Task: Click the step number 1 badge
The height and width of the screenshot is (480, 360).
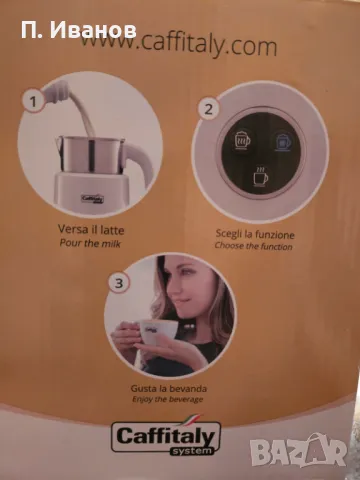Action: (x=33, y=101)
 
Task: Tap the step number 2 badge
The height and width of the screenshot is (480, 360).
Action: (x=208, y=109)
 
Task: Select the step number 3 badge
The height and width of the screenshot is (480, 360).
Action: (x=119, y=283)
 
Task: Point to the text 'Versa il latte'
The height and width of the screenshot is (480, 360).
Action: (x=91, y=230)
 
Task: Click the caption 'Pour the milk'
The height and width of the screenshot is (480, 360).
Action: (x=90, y=243)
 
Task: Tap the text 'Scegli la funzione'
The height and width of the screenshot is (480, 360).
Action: (x=255, y=234)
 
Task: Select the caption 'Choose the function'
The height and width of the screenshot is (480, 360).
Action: (x=253, y=246)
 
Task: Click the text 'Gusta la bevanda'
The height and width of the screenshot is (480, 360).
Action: (x=169, y=389)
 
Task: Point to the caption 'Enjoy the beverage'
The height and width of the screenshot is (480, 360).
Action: (x=168, y=399)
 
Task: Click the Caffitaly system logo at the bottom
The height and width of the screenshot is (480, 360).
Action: (x=166, y=437)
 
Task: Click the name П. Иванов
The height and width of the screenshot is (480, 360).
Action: (x=79, y=31)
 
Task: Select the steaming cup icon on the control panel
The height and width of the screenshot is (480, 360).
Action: (x=260, y=176)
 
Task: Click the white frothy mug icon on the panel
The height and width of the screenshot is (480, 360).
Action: (x=242, y=141)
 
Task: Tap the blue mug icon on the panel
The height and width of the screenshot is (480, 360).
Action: (x=283, y=142)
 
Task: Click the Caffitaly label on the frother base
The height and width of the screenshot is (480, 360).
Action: (x=93, y=199)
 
